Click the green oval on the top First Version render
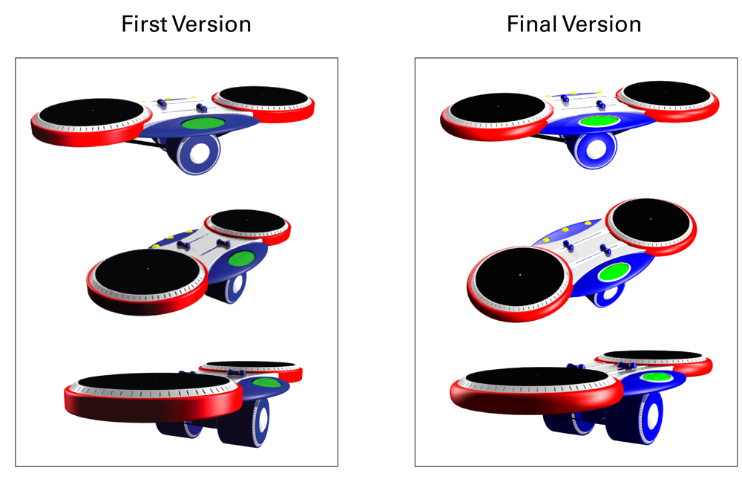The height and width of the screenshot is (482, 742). point(203,123)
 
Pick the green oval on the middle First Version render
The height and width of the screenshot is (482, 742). point(241,258)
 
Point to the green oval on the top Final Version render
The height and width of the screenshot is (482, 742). point(599,121)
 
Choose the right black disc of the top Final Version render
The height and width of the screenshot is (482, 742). point(666,94)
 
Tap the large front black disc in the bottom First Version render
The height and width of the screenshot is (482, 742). point(154,382)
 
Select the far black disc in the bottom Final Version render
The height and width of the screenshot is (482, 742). point(653,355)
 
